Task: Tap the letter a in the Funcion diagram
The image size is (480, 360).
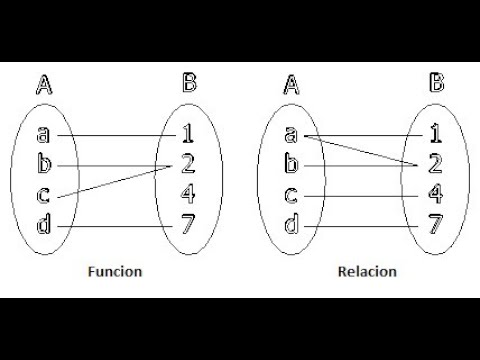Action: [x=42, y=134]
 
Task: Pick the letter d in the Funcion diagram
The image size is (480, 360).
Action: [x=42, y=226]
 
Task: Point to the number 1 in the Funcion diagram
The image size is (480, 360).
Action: [x=188, y=132]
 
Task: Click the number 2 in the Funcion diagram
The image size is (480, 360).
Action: [x=188, y=161]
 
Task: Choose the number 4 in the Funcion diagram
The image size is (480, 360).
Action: [x=188, y=192]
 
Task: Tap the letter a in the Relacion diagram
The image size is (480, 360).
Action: [x=292, y=134]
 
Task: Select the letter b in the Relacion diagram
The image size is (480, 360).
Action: [x=292, y=162]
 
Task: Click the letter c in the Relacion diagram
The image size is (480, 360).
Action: [x=292, y=195]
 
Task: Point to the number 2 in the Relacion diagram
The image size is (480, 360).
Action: [x=434, y=161]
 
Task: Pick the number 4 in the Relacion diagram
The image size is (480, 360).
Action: [x=434, y=194]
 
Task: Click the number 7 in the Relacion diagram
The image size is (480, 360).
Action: [x=434, y=225]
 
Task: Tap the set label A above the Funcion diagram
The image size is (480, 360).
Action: [x=43, y=86]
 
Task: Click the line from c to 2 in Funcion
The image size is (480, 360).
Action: [x=115, y=179]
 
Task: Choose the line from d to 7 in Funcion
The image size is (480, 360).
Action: [x=115, y=226]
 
